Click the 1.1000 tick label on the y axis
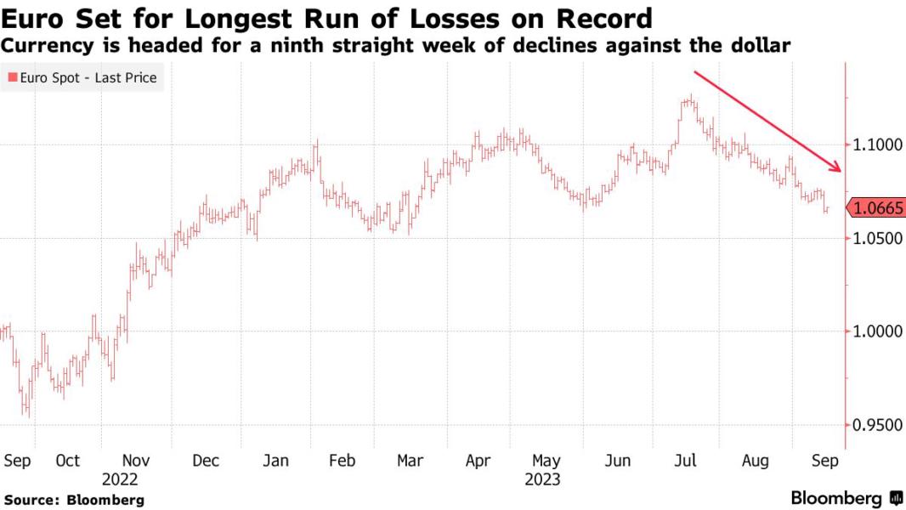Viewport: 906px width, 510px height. [x=875, y=145]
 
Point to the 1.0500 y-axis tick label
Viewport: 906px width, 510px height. [x=875, y=239]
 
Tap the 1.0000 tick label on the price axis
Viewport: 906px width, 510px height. [x=875, y=331]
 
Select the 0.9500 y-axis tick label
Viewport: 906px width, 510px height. [x=875, y=424]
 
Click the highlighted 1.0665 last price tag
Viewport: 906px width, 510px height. [x=876, y=207]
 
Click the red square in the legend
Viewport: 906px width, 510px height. [x=12, y=78]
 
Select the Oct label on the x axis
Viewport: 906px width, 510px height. [x=67, y=461]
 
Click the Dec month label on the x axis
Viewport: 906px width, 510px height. [x=206, y=461]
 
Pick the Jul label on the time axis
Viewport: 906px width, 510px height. [x=686, y=461]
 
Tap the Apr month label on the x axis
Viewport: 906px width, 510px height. [x=478, y=461]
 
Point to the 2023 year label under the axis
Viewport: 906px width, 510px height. [x=541, y=479]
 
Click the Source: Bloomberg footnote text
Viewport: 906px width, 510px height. [x=74, y=500]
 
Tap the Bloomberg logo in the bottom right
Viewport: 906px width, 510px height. [x=847, y=498]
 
